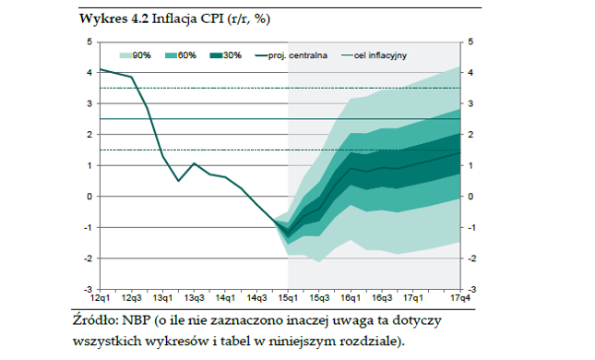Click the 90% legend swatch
click(125, 55)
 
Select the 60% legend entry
click(181, 55)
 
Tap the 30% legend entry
click(226, 55)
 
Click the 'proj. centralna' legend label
click(297, 55)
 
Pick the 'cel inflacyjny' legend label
click(380, 55)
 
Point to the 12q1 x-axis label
click(101, 298)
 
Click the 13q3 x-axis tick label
click(195, 298)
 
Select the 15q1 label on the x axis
click(288, 298)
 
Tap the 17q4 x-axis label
click(460, 298)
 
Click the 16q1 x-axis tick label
click(351, 298)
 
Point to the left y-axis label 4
click(89, 73)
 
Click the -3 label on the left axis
click(88, 289)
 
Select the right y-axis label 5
click(470, 42)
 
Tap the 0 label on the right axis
click(470, 197)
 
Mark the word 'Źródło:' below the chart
click(96, 319)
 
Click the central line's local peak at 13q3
click(194, 163)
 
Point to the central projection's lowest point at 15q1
click(288, 233)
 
